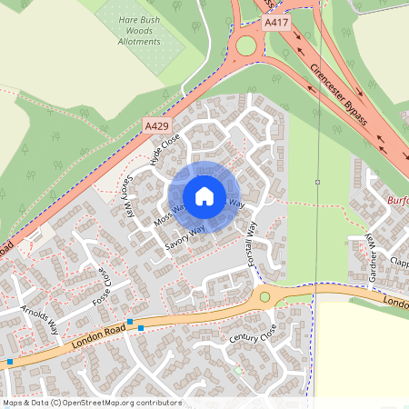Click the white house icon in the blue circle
click(x=204, y=195)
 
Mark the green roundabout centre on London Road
click(x=264, y=296)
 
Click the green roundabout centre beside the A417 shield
click(x=246, y=45)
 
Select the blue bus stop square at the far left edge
click(x=9, y=362)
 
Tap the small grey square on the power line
click(x=317, y=182)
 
